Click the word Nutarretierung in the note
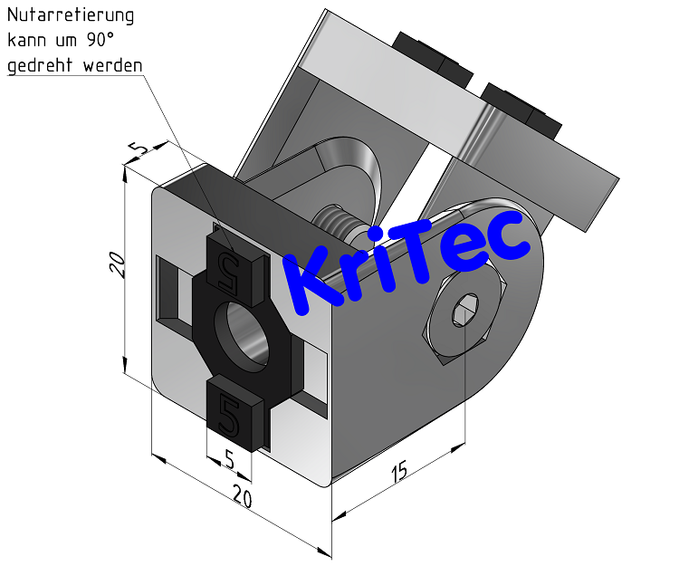point(71,15)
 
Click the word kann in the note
point(26,41)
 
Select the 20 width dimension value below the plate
point(242,495)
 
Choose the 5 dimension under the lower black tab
point(229,460)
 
